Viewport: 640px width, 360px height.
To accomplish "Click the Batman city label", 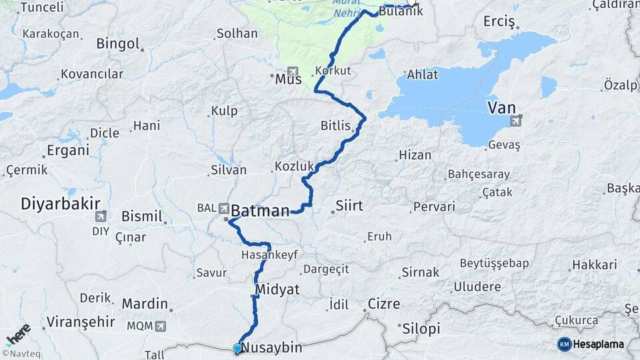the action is pos(261,211).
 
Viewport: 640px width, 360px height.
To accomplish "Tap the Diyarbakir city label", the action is pos(61,203).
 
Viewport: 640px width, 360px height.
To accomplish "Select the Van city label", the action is pos(501,107).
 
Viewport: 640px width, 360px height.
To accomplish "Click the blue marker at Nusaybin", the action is pos(237,347).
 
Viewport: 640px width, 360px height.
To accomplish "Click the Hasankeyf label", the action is pos(269,255).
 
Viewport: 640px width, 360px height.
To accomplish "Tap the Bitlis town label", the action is pos(335,125).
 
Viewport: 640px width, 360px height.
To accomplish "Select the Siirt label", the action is pos(349,205).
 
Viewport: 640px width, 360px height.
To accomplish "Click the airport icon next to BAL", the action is pos(223,207).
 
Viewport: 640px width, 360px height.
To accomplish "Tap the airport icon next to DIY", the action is pos(101,215).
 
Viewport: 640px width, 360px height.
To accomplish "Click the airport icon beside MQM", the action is pos(160,326).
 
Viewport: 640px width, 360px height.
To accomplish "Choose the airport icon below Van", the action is pos(515,121).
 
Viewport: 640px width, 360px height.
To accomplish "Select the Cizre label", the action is pos(383,304).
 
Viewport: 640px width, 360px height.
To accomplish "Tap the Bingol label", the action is pos(117,44).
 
